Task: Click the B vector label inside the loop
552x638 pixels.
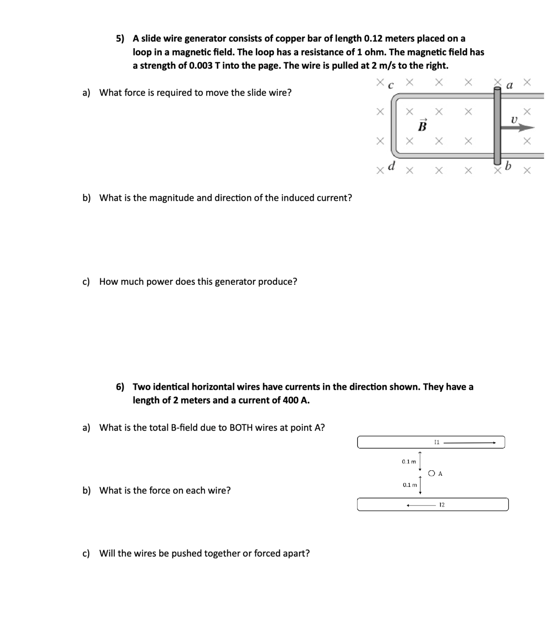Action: [x=422, y=126]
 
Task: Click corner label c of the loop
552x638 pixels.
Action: [x=390, y=86]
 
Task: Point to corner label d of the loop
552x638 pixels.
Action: [x=391, y=166]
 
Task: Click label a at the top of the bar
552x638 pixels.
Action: [x=510, y=86]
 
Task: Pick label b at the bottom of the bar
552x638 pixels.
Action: [x=508, y=166]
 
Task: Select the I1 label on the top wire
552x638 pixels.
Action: [x=437, y=442]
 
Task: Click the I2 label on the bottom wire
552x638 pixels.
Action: [x=442, y=505]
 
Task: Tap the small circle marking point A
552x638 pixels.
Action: [x=432, y=473]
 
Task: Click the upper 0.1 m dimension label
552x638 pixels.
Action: [x=409, y=462]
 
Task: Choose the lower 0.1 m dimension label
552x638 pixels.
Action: [x=410, y=485]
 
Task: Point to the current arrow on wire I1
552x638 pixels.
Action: [x=469, y=442]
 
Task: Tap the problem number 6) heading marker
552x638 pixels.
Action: [x=120, y=387]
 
